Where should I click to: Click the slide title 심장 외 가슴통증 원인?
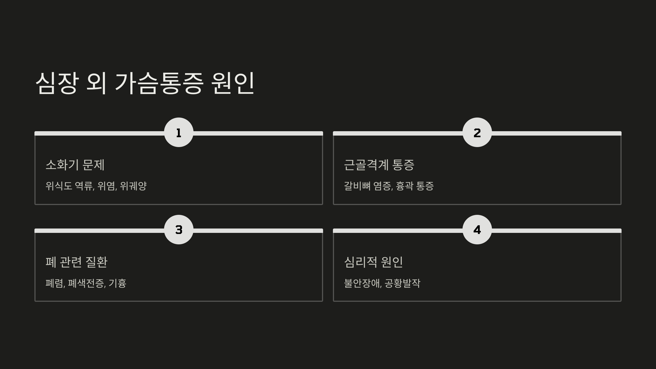[x=145, y=83]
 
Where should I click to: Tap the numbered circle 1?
[x=179, y=133]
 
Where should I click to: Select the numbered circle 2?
[x=477, y=133]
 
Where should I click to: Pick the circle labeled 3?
[x=179, y=230]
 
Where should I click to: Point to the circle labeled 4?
[x=477, y=230]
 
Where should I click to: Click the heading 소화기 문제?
[x=75, y=165]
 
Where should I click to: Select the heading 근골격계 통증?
[x=379, y=165]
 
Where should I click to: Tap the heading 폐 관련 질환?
[x=77, y=262]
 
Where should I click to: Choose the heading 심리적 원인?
[x=373, y=262]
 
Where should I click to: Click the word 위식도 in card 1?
[x=59, y=186]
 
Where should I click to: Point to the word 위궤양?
[x=133, y=186]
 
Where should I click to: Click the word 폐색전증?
[x=86, y=283]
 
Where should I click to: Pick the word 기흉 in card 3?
[x=118, y=283]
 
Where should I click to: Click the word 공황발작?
[x=402, y=283]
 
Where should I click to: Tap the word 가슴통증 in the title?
[x=159, y=83]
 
